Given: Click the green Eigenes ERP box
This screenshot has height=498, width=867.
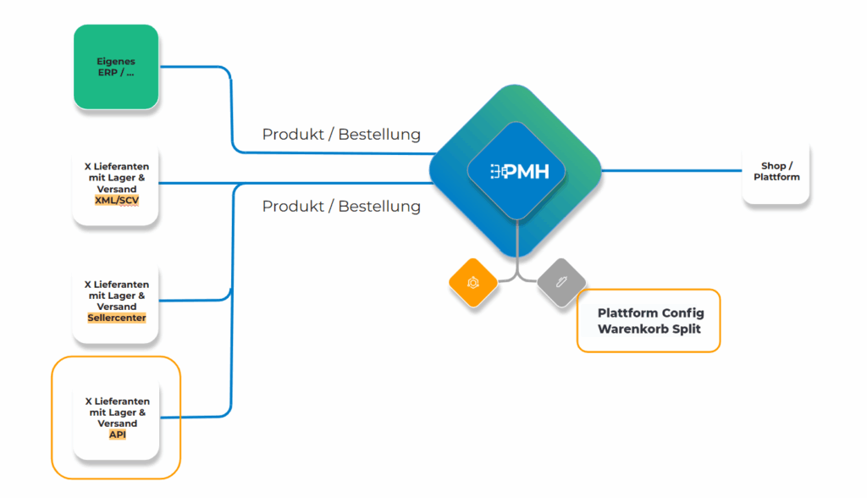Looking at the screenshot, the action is (116, 67).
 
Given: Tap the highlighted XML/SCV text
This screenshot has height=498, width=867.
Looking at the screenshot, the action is (117, 201).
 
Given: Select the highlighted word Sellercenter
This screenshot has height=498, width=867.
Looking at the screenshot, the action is (117, 318).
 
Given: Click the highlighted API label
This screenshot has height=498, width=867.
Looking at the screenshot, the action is (117, 434).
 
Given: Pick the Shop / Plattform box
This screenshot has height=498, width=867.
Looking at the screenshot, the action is (776, 172).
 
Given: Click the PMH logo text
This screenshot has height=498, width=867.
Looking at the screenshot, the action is (520, 172).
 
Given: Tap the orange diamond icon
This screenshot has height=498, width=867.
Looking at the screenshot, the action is (472, 282).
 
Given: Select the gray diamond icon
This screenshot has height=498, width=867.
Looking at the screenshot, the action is (561, 282).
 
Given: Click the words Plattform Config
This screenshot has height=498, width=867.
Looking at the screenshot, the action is (651, 313).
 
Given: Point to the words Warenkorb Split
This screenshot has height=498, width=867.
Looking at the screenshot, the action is (649, 329).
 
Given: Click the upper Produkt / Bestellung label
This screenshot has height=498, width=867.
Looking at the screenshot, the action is (341, 135).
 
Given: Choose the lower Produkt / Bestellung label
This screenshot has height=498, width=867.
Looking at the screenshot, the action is (341, 207).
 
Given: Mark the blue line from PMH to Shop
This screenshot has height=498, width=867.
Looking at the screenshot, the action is (671, 171).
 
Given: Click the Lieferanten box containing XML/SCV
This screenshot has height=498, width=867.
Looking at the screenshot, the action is (115, 185).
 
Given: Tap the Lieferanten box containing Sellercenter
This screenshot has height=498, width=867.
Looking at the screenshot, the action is (115, 302).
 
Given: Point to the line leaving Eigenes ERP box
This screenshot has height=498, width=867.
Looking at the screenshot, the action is (232, 111).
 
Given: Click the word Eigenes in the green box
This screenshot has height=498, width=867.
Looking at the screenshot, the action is (116, 62).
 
